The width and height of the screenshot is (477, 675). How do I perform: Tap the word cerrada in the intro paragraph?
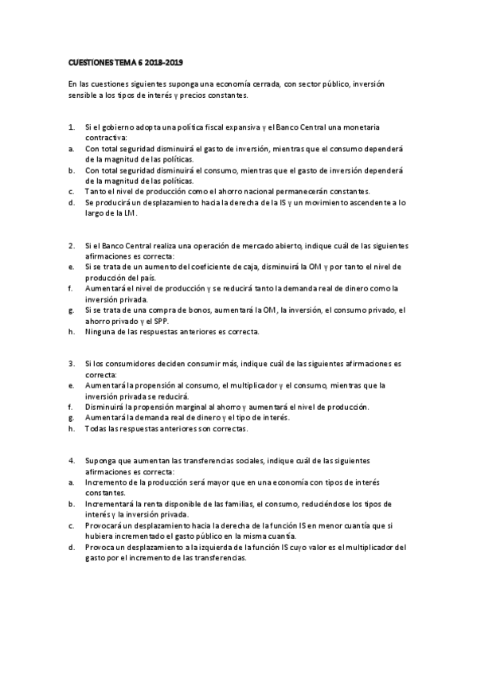coord(258,84)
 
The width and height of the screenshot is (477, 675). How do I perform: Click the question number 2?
coord(71,244)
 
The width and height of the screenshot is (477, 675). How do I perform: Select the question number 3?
coord(71,362)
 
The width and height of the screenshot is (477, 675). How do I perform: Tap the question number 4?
coord(71,460)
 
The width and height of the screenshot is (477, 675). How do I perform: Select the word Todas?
coord(96,428)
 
